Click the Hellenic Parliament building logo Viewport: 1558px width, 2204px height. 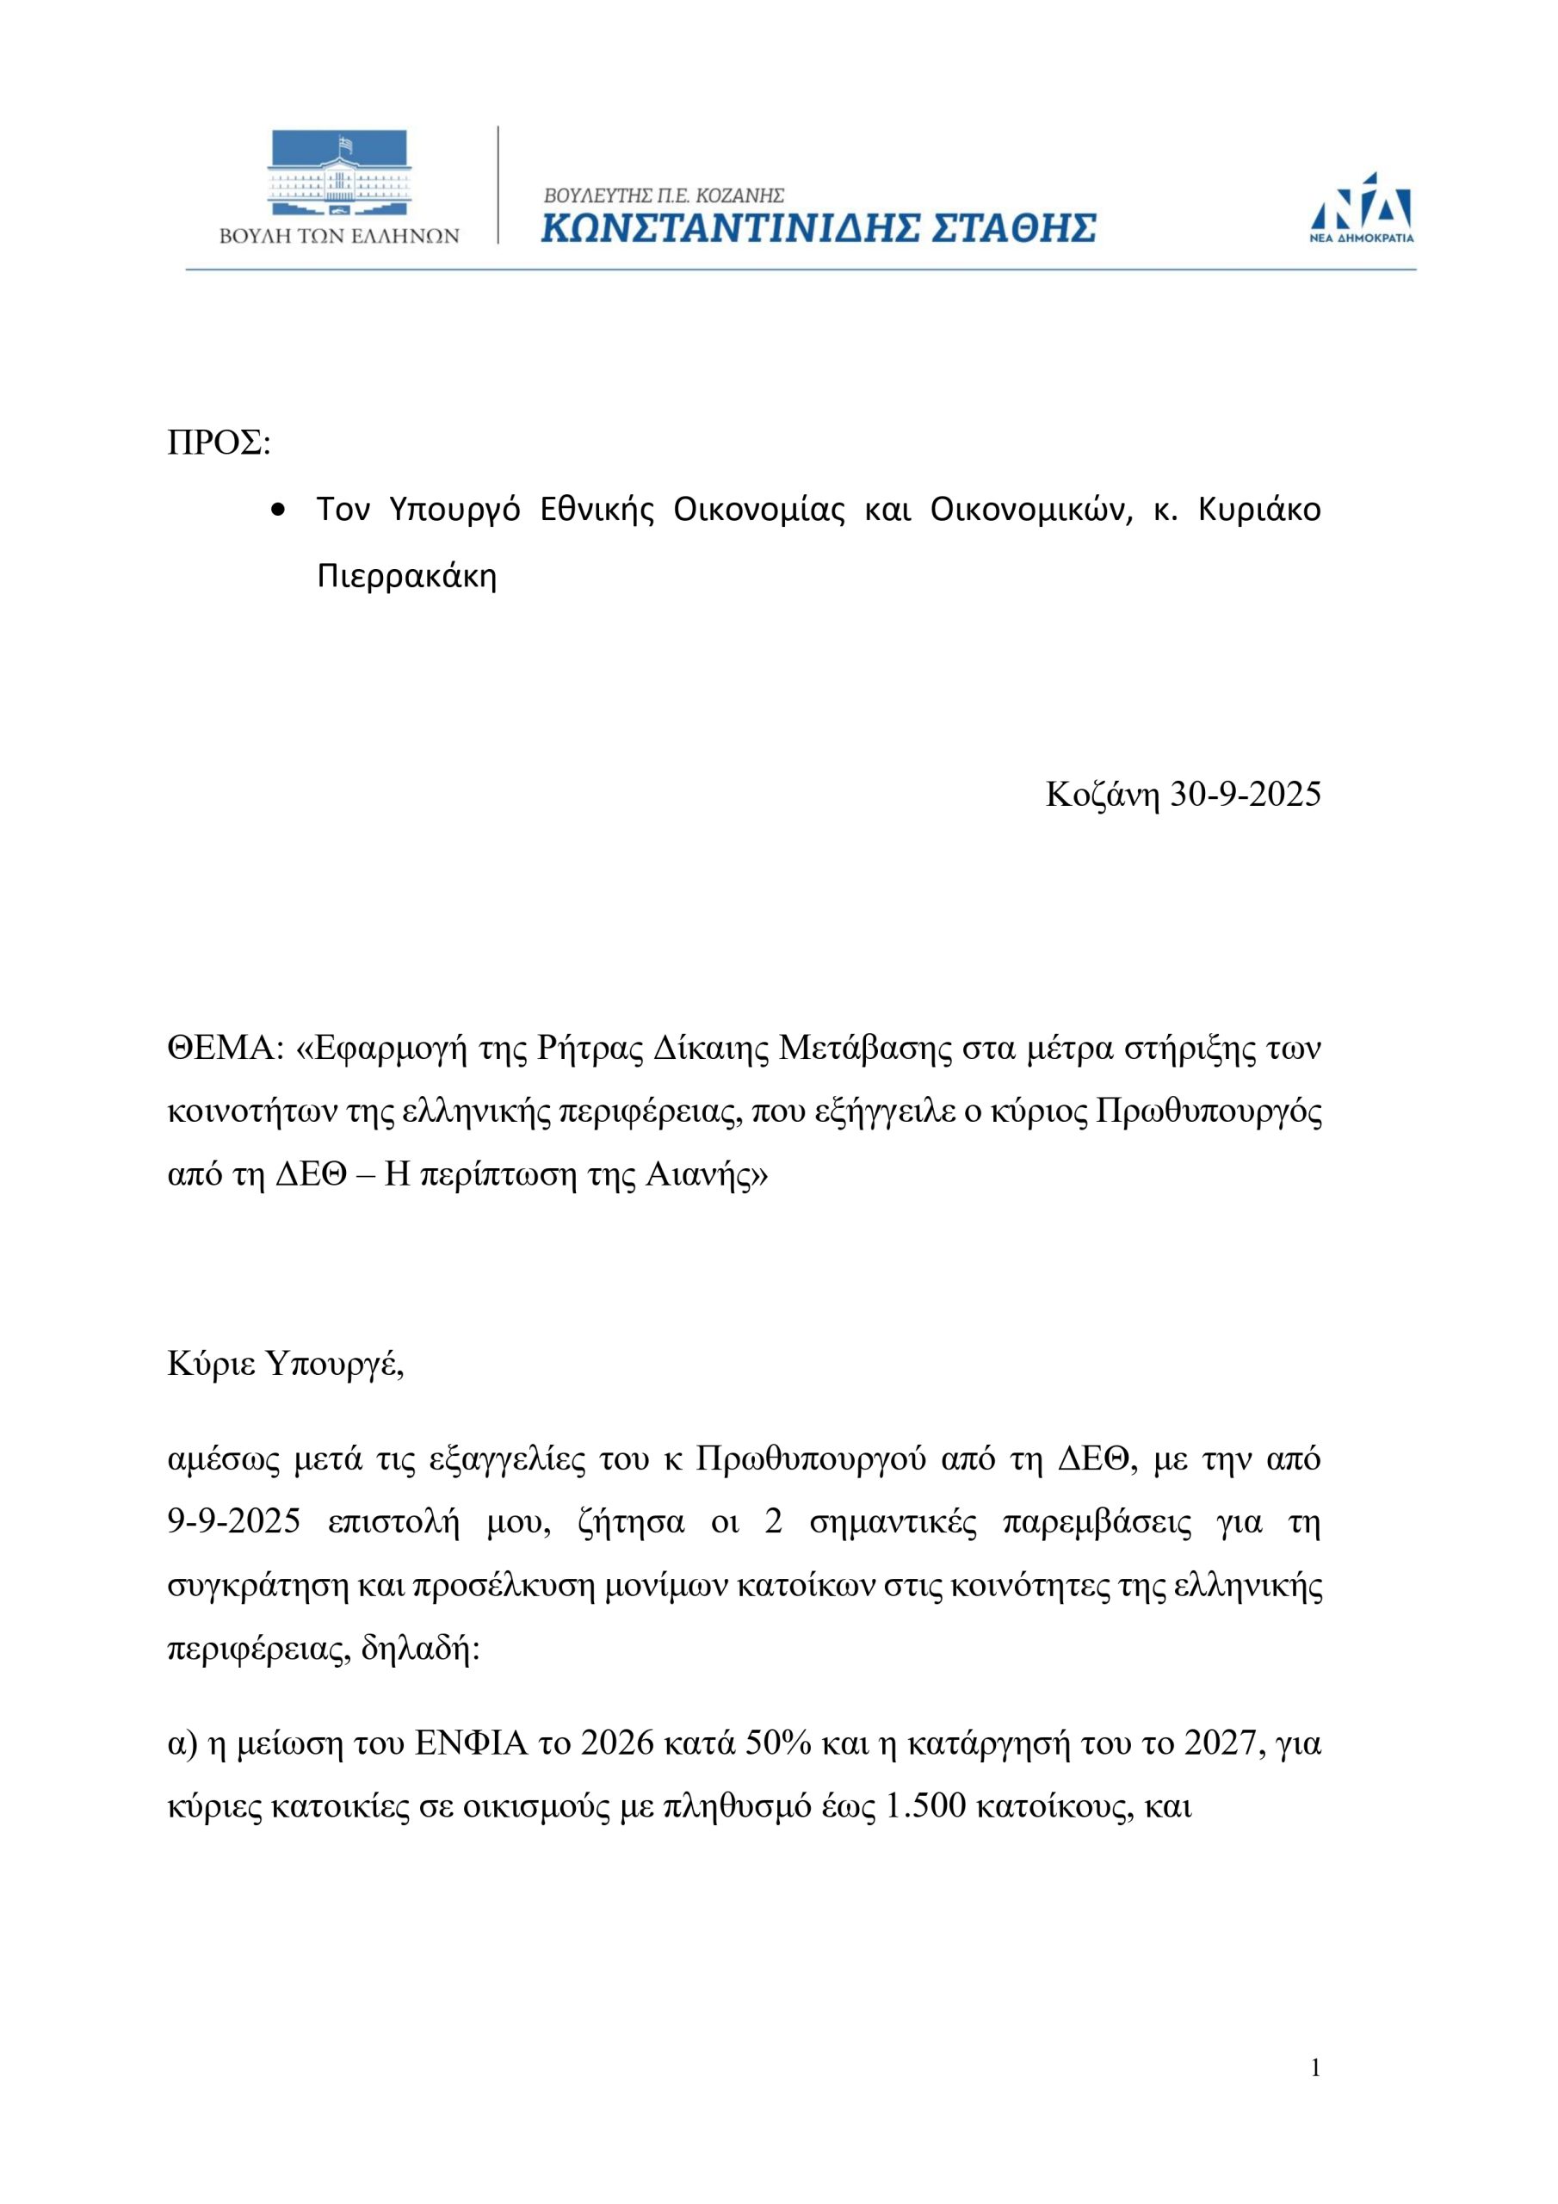(339, 172)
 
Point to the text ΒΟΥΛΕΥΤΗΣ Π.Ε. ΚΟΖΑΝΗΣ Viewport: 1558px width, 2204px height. (665, 195)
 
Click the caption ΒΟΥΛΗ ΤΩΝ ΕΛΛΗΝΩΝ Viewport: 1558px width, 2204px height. (339, 236)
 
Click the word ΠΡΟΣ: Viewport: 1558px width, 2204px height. (219, 443)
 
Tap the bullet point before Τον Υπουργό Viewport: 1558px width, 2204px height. (278, 511)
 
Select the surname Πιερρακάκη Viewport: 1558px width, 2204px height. (407, 576)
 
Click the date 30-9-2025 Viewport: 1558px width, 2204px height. (1245, 794)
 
